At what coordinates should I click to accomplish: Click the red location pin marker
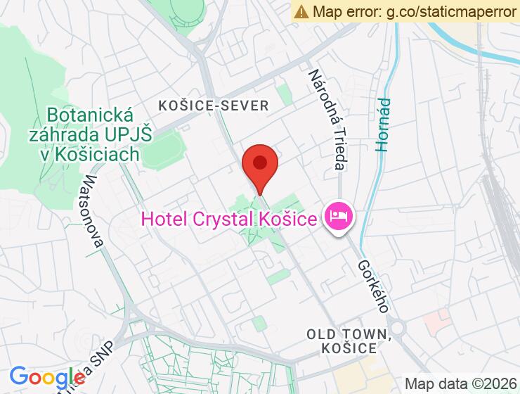click(x=260, y=165)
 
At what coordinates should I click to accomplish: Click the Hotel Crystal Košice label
click(x=228, y=220)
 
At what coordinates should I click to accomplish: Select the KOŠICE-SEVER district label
click(x=214, y=106)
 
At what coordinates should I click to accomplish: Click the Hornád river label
click(x=383, y=125)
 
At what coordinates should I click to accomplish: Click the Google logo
click(x=47, y=378)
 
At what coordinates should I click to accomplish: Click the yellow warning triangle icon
click(x=301, y=11)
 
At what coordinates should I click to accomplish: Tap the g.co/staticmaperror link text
click(x=450, y=11)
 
